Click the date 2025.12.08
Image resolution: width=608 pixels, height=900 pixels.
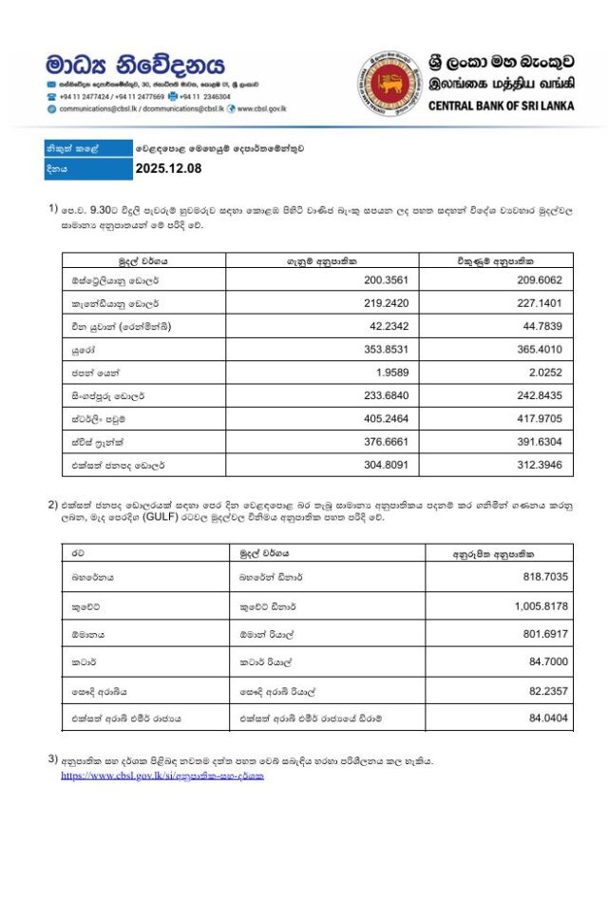169,170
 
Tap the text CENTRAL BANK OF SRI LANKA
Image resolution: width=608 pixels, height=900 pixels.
502,105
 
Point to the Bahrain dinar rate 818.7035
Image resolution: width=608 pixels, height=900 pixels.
543,576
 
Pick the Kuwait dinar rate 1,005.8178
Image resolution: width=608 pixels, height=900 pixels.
539,604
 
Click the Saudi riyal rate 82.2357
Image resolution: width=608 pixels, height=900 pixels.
546,690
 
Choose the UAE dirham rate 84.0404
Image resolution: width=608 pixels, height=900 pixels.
546,718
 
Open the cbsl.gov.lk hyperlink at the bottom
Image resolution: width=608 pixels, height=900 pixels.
162,776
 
